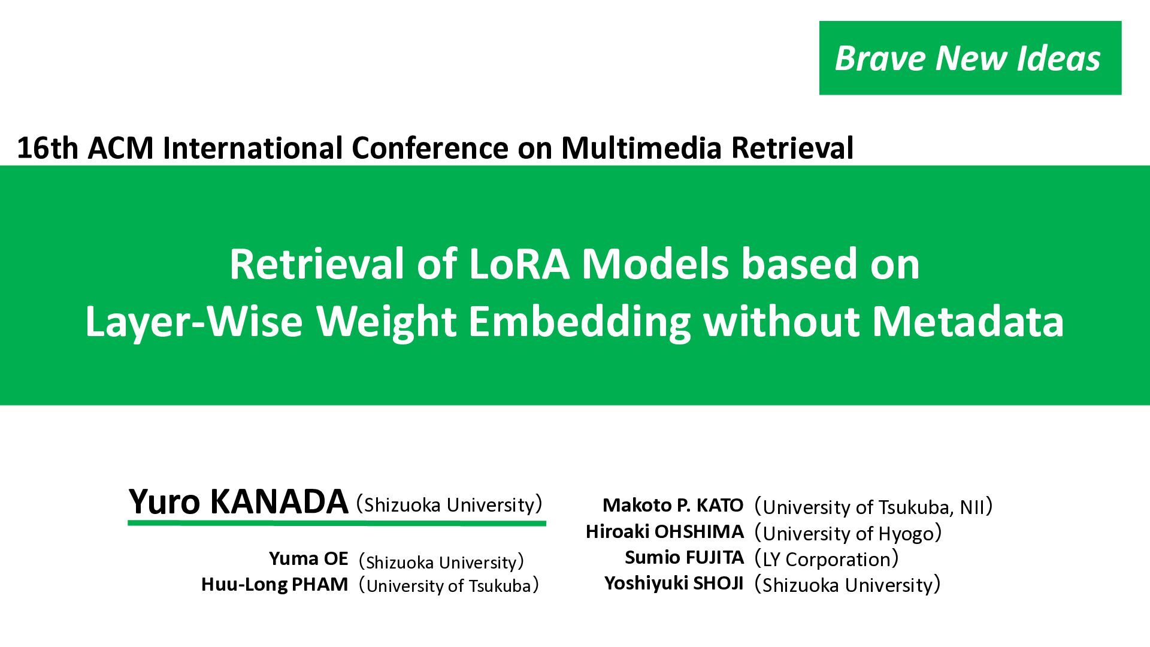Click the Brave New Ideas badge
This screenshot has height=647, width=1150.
point(970,58)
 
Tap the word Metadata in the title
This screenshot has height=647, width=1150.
point(968,322)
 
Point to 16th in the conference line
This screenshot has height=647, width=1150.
point(48,148)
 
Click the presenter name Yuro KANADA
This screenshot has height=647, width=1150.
point(238,501)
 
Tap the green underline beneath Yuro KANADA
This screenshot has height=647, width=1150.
point(337,524)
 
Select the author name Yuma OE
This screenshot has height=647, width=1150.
point(308,559)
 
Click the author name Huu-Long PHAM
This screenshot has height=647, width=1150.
point(274,584)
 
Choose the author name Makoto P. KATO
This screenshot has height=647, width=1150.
point(673,505)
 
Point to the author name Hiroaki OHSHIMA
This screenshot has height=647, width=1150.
point(665,531)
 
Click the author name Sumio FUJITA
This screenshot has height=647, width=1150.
point(684,557)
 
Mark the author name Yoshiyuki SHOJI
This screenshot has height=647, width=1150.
point(674,583)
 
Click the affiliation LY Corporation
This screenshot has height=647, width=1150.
point(827,559)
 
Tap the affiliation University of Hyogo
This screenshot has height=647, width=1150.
point(848,533)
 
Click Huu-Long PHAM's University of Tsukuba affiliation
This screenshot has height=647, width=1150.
point(449,585)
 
